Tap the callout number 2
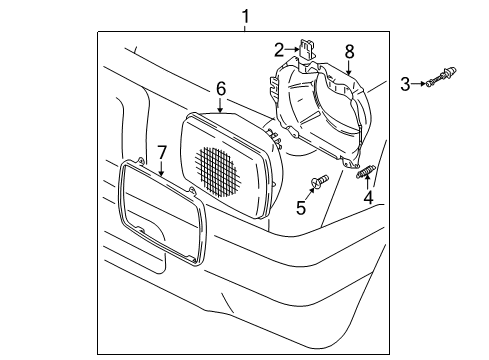(x=280, y=49)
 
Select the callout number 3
(x=405, y=84)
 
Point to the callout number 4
(x=367, y=199)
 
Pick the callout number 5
(x=300, y=208)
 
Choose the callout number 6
(x=221, y=89)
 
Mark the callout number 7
(x=161, y=151)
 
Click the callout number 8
(x=349, y=49)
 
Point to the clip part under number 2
(x=309, y=49)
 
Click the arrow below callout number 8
(x=349, y=67)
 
